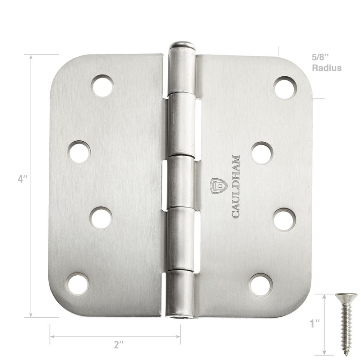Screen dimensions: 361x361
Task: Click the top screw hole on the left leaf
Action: (102, 86)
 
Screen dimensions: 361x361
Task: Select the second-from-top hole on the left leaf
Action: (79, 152)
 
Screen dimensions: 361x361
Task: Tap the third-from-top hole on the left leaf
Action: (101, 218)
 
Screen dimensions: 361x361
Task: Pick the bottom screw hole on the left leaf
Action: (77, 284)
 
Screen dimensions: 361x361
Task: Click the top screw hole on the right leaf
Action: (285, 88)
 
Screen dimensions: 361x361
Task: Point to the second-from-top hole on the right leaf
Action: (262, 153)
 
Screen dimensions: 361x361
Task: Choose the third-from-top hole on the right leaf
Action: (285, 219)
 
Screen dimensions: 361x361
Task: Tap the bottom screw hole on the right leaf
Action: (261, 285)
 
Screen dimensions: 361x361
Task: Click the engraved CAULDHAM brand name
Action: (236, 186)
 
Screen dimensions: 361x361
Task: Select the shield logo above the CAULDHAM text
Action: (218, 185)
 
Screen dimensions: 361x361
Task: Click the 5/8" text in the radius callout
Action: (321, 58)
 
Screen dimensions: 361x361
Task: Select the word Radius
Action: (326, 68)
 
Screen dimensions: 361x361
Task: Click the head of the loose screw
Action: (346, 296)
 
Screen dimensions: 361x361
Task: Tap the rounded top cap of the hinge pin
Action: (181, 45)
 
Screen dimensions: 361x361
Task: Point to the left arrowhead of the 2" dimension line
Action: (51, 336)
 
